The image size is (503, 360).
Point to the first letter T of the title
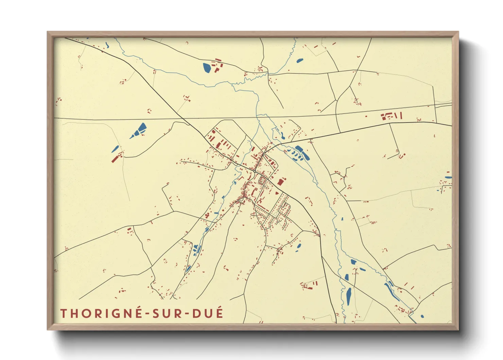[64, 313]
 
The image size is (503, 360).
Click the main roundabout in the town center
[255, 171]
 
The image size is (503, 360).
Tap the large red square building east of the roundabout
[280, 182]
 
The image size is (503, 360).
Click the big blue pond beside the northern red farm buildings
[207, 68]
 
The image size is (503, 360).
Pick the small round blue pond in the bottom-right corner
[422, 316]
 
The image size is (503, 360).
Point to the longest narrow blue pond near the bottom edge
[349, 296]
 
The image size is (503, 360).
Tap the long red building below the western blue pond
[117, 158]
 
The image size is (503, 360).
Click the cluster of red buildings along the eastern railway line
[391, 116]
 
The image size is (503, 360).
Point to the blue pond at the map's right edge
[448, 177]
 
